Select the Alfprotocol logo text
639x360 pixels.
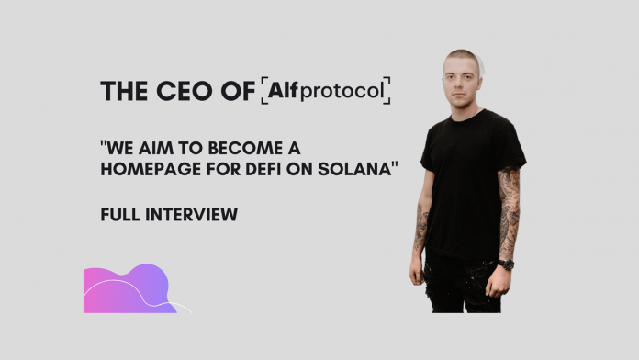pyautogui.click(x=326, y=89)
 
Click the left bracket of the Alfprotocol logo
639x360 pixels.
pyautogui.click(x=265, y=89)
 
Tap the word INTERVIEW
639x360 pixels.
pyautogui.click(x=192, y=215)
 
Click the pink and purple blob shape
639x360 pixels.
pyautogui.click(x=129, y=289)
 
